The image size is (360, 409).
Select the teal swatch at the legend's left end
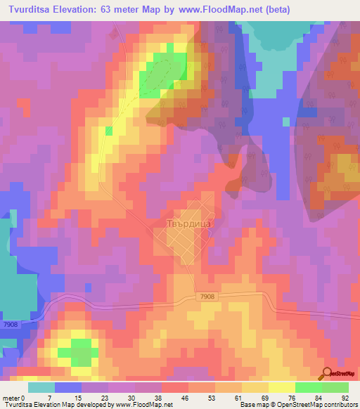pos(41,387)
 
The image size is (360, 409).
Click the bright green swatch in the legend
pos(309,387)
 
